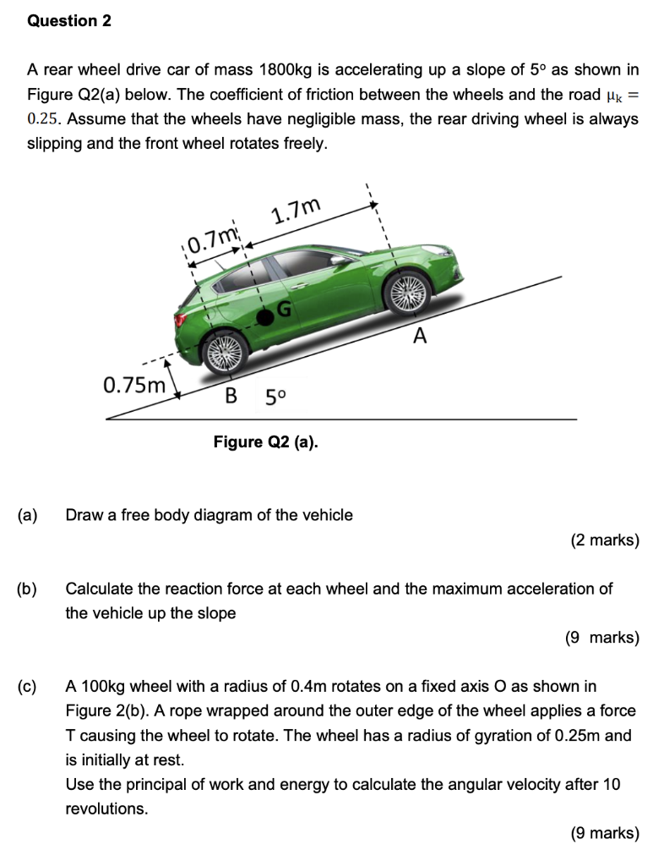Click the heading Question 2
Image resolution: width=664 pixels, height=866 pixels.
tap(69, 21)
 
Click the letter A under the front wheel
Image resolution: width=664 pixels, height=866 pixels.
tap(419, 337)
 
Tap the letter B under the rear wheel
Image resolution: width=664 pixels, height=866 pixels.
tap(229, 395)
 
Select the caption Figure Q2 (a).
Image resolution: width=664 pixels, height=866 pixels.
tap(266, 441)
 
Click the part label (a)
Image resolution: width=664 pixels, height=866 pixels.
tap(27, 514)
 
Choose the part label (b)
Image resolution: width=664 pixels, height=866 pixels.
tap(27, 588)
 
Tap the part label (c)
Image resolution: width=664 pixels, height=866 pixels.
tap(27, 686)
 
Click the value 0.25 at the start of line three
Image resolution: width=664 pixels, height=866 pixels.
tap(43, 118)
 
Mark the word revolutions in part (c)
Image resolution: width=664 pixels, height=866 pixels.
tap(106, 808)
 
